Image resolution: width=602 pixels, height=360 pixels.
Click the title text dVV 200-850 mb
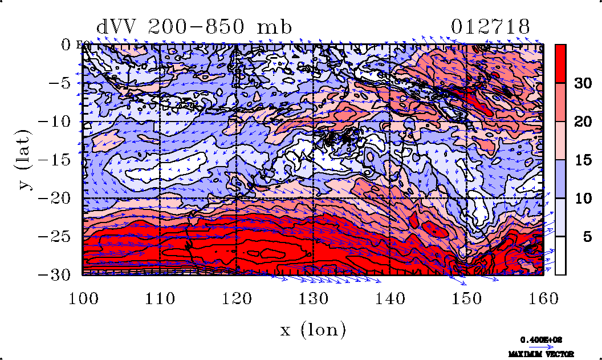[x=194, y=27]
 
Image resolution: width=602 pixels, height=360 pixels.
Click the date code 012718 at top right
[x=491, y=27]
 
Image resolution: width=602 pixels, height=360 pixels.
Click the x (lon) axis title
[x=313, y=329]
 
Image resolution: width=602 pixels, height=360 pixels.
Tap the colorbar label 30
[x=582, y=83]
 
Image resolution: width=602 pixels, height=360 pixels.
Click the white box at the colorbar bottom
[x=560, y=256]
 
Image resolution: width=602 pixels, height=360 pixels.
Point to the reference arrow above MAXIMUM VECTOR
[x=538, y=346]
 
